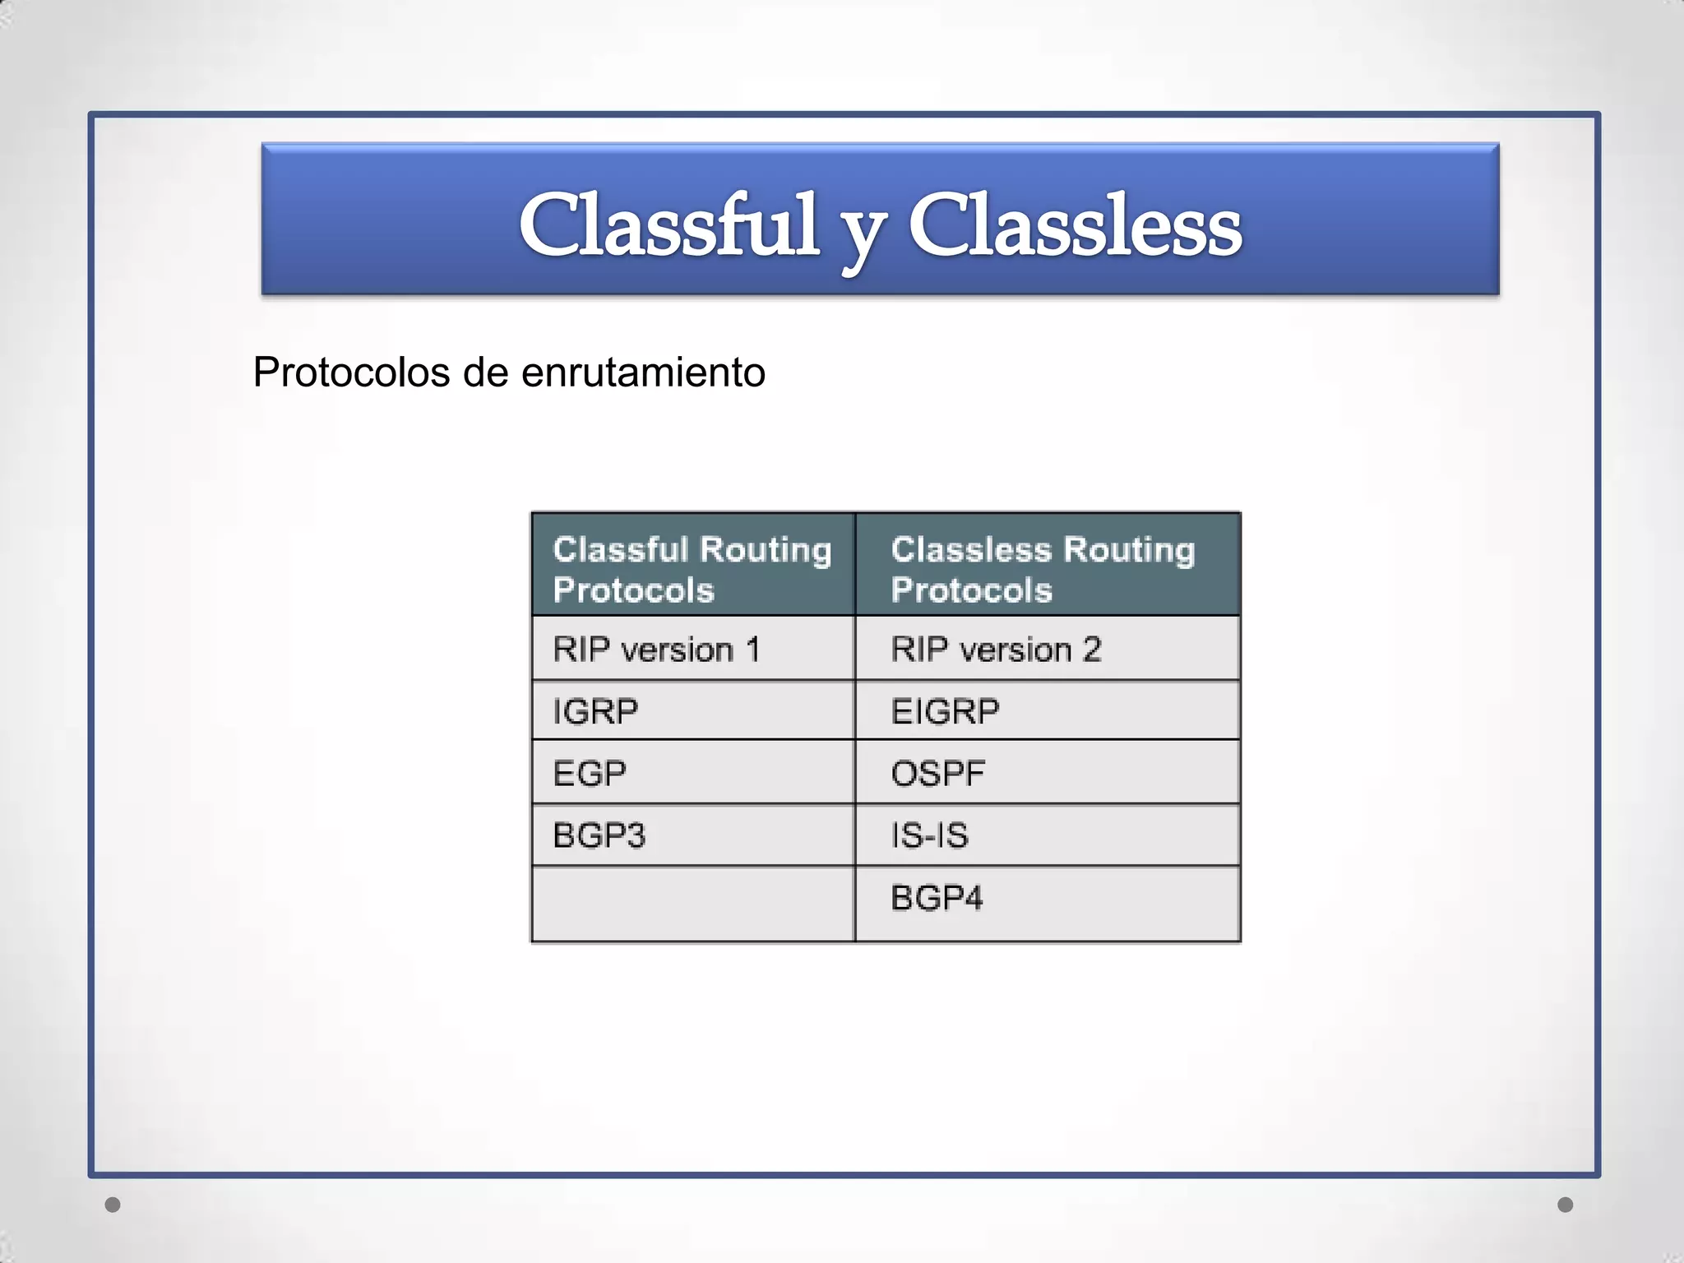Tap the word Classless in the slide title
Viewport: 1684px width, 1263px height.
tap(1075, 225)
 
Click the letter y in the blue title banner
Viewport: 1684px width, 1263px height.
tap(864, 234)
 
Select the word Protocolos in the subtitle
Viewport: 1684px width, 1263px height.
tap(351, 372)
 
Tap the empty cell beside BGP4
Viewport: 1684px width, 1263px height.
tap(692, 903)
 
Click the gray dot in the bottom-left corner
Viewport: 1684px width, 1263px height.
tap(113, 1205)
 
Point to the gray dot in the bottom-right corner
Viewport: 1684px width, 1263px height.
tap(1566, 1205)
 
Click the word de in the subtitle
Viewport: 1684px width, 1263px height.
tap(486, 372)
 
